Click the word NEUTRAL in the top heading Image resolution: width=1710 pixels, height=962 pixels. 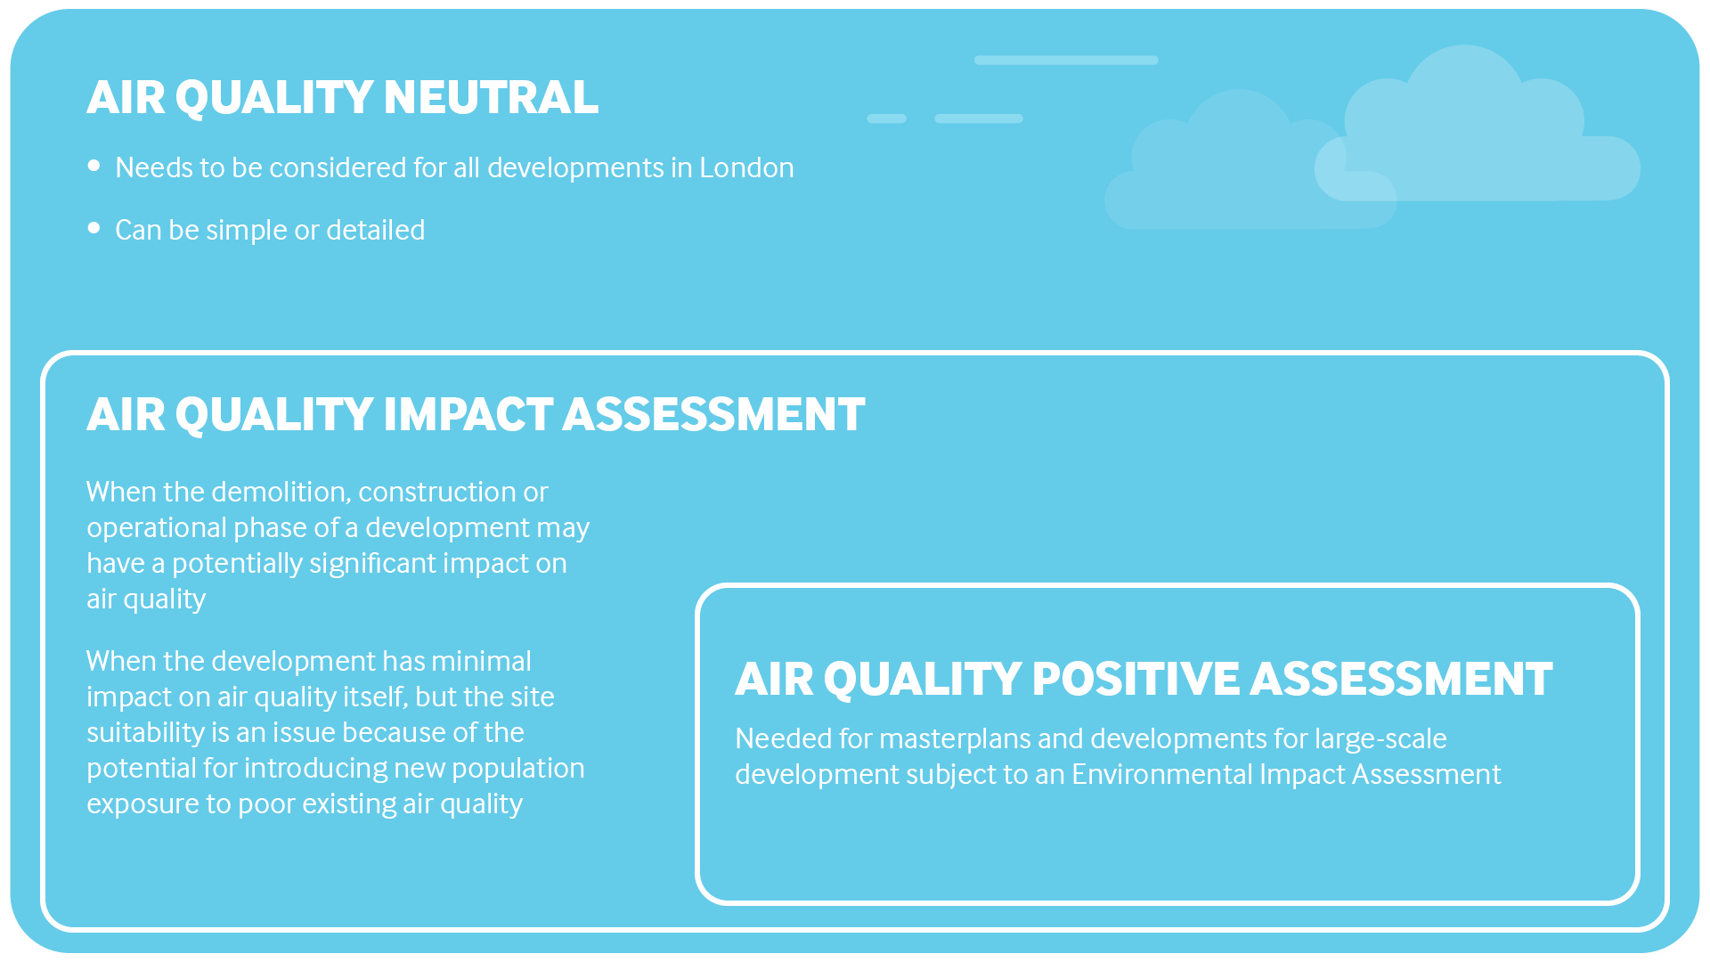click(x=491, y=97)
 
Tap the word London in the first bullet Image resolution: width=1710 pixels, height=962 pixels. click(x=746, y=167)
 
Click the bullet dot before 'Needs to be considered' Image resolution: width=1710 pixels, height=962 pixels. click(x=94, y=166)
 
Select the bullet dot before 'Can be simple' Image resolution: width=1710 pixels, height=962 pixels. click(x=94, y=228)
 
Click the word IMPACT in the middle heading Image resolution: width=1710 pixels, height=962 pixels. click(x=468, y=414)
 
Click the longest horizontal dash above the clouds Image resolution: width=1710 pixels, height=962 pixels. click(x=1066, y=61)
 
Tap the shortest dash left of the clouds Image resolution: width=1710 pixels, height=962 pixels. click(x=887, y=118)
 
